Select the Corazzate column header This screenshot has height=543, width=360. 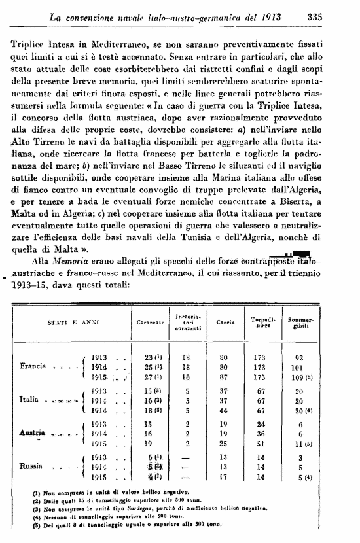click(x=149, y=323)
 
